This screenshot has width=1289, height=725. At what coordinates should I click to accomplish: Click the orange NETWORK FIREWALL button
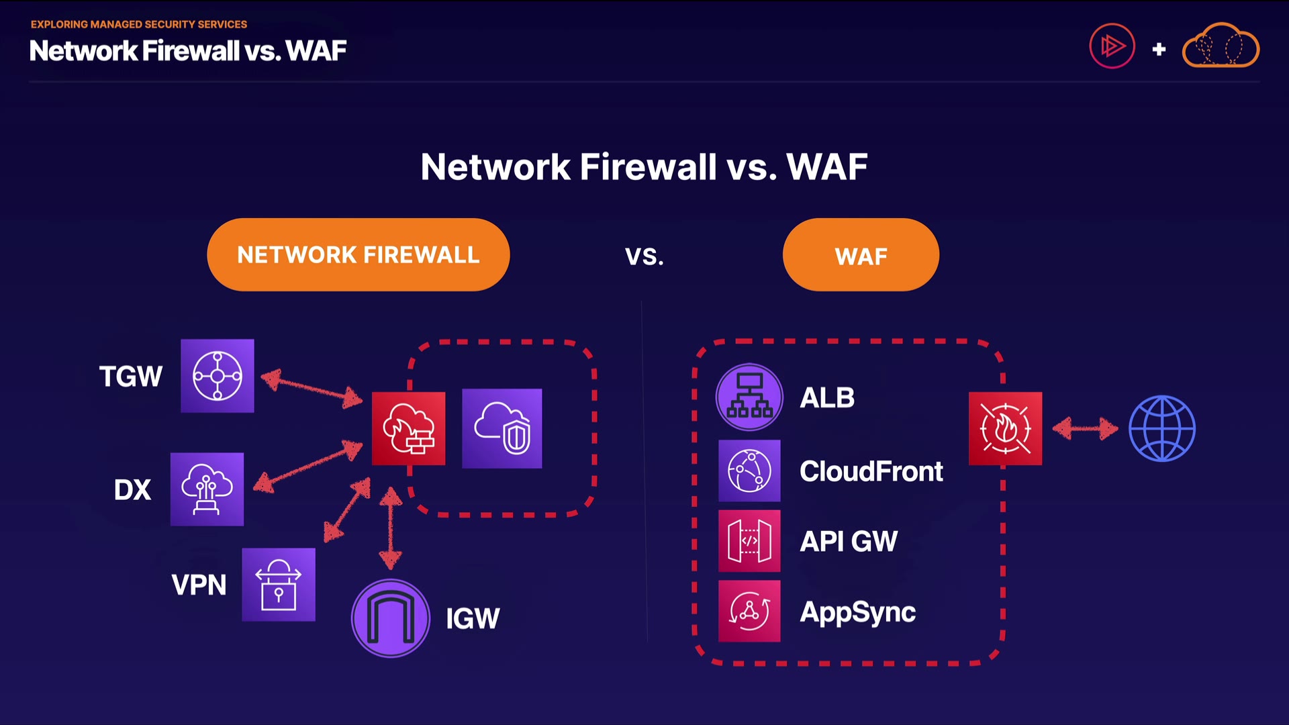coord(358,254)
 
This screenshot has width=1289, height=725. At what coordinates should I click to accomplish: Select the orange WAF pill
coord(861,255)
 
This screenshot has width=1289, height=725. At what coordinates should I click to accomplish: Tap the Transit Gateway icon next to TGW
coord(218,376)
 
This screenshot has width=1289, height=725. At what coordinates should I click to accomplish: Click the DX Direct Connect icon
coord(207,489)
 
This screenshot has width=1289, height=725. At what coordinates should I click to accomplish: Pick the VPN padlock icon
coord(279,585)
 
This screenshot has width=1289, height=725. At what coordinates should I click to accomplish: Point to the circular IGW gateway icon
coord(391,618)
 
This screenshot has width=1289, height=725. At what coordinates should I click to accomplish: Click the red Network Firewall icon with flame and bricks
coord(408,429)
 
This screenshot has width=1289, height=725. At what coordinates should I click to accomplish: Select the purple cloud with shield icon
coord(502,428)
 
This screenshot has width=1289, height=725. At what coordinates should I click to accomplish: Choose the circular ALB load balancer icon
coord(749,397)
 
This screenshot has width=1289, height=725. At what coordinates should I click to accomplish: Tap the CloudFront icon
coord(749,471)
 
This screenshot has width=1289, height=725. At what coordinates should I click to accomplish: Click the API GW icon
coord(749,541)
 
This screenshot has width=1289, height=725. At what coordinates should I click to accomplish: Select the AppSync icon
coord(749,612)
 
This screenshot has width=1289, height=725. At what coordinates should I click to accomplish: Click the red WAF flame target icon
coord(1005,428)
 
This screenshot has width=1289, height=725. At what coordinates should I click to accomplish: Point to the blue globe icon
coord(1162,428)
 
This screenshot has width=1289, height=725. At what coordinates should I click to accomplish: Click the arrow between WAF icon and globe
coord(1085,428)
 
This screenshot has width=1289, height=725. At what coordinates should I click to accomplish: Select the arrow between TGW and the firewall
coord(312,389)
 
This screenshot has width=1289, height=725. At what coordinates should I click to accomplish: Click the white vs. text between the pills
coord(644,256)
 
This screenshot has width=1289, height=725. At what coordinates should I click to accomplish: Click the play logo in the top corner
coord(1112,46)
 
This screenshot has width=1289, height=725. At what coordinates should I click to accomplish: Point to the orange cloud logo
coord(1221,46)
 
